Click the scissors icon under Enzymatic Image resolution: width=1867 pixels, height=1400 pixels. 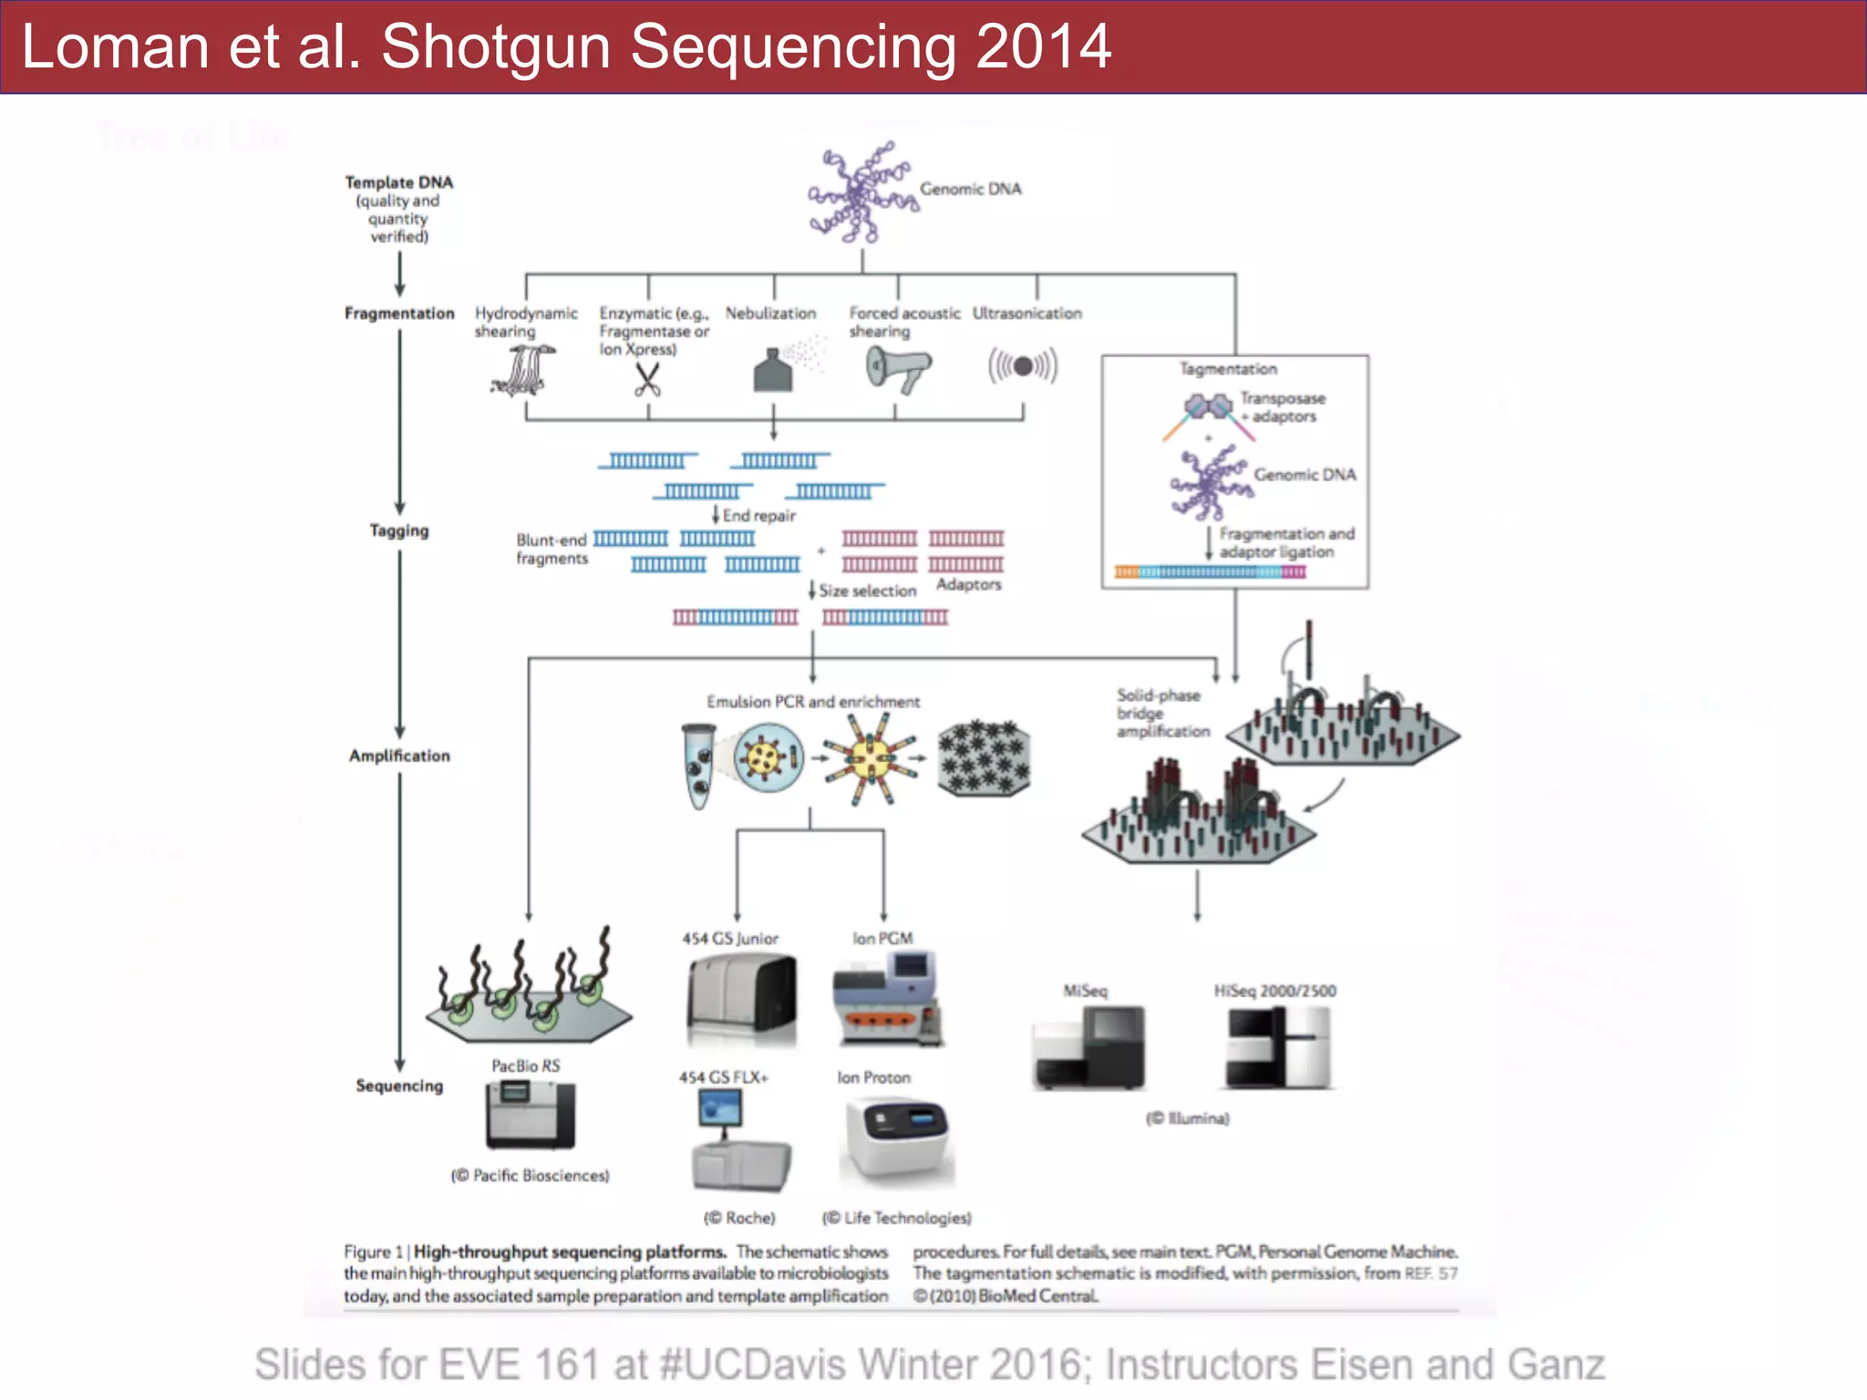(x=647, y=379)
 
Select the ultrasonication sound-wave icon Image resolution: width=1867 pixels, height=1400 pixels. (x=1023, y=366)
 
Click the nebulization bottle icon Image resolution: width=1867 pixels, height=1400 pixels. (x=773, y=371)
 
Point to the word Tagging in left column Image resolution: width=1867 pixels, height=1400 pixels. (x=398, y=530)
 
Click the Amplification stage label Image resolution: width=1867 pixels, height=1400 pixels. (x=399, y=756)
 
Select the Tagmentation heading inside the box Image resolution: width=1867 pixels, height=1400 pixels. (x=1228, y=369)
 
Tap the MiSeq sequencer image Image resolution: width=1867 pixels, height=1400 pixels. (x=1089, y=1047)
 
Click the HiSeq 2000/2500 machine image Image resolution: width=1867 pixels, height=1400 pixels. (x=1278, y=1047)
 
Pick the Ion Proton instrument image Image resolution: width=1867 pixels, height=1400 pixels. (x=896, y=1139)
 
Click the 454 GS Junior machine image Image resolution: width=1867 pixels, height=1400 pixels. (x=741, y=1000)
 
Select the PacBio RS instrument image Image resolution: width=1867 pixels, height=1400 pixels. (x=530, y=1114)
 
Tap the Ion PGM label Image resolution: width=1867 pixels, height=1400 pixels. (x=882, y=938)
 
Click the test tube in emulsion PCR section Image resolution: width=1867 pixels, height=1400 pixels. (x=698, y=764)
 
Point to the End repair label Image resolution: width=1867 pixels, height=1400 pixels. (x=758, y=516)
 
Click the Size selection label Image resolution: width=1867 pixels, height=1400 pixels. (x=867, y=591)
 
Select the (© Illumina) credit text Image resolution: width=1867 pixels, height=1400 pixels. (x=1187, y=1118)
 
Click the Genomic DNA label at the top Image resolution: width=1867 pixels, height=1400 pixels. (x=970, y=189)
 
